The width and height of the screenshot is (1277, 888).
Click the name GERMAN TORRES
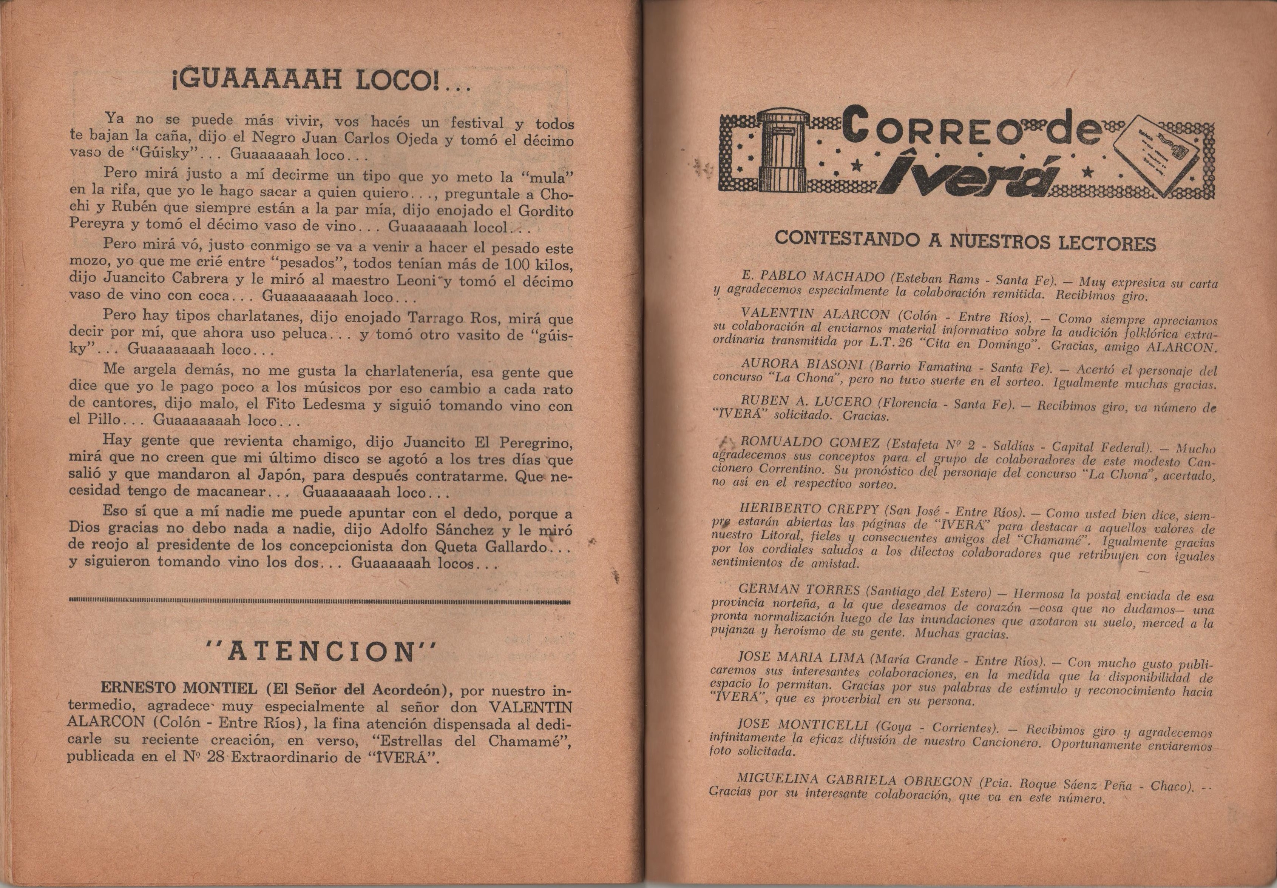pyautogui.click(x=798, y=589)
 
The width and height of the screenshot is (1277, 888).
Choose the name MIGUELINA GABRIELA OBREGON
pyautogui.click(x=853, y=780)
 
